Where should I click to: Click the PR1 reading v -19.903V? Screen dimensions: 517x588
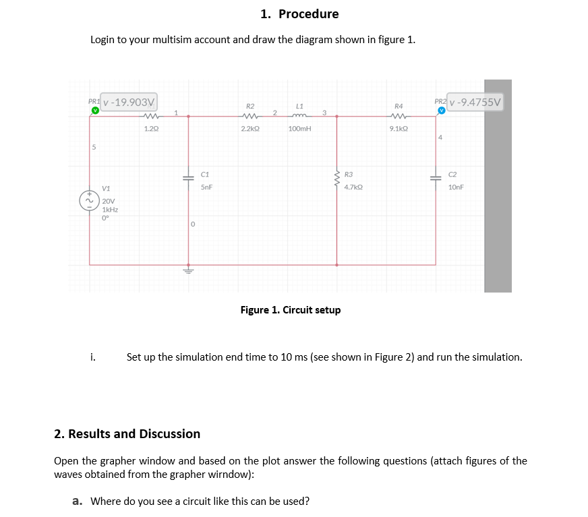(x=129, y=102)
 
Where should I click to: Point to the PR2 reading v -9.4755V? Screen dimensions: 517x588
(x=475, y=102)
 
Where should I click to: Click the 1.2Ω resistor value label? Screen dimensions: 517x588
(x=151, y=127)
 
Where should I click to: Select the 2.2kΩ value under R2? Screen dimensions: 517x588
(x=250, y=127)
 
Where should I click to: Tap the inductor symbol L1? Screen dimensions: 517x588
(x=299, y=115)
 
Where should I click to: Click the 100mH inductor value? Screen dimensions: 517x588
(x=299, y=127)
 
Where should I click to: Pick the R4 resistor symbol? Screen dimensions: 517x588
(x=398, y=115)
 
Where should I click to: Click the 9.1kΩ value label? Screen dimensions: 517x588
(x=398, y=127)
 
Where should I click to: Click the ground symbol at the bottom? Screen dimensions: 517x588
(x=188, y=272)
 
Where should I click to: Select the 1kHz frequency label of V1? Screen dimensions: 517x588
(x=110, y=209)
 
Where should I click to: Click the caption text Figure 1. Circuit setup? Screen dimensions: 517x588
(x=291, y=310)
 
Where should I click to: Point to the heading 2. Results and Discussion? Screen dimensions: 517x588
(x=127, y=433)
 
